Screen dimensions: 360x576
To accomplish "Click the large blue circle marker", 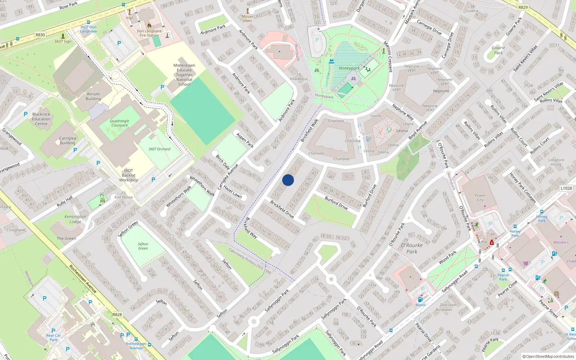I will [288, 180].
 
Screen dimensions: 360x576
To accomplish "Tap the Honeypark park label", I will [349, 68].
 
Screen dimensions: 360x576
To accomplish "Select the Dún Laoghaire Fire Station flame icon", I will [149, 26].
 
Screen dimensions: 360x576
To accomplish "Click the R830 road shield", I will [40, 35].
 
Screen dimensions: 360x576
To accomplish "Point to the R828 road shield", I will [117, 314].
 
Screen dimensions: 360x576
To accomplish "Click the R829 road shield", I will [523, 7].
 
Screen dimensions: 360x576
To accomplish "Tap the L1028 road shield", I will [566, 188].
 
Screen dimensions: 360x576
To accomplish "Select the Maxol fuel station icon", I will [420, 300].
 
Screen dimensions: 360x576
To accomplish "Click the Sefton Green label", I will [143, 246].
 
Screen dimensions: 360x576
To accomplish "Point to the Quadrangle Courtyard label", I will [119, 123].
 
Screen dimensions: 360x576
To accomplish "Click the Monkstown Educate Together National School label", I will [184, 75].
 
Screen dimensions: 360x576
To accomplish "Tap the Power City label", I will [480, 198].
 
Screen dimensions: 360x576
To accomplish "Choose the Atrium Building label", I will [93, 96].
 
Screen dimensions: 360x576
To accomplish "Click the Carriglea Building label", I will [67, 140].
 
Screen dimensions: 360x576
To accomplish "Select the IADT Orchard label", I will [159, 149].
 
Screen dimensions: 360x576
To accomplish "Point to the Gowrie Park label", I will [498, 50].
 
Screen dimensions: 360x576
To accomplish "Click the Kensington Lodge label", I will [75, 219].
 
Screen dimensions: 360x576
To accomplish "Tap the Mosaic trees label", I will [248, 18].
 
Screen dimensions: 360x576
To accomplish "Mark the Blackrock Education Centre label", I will [41, 119].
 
